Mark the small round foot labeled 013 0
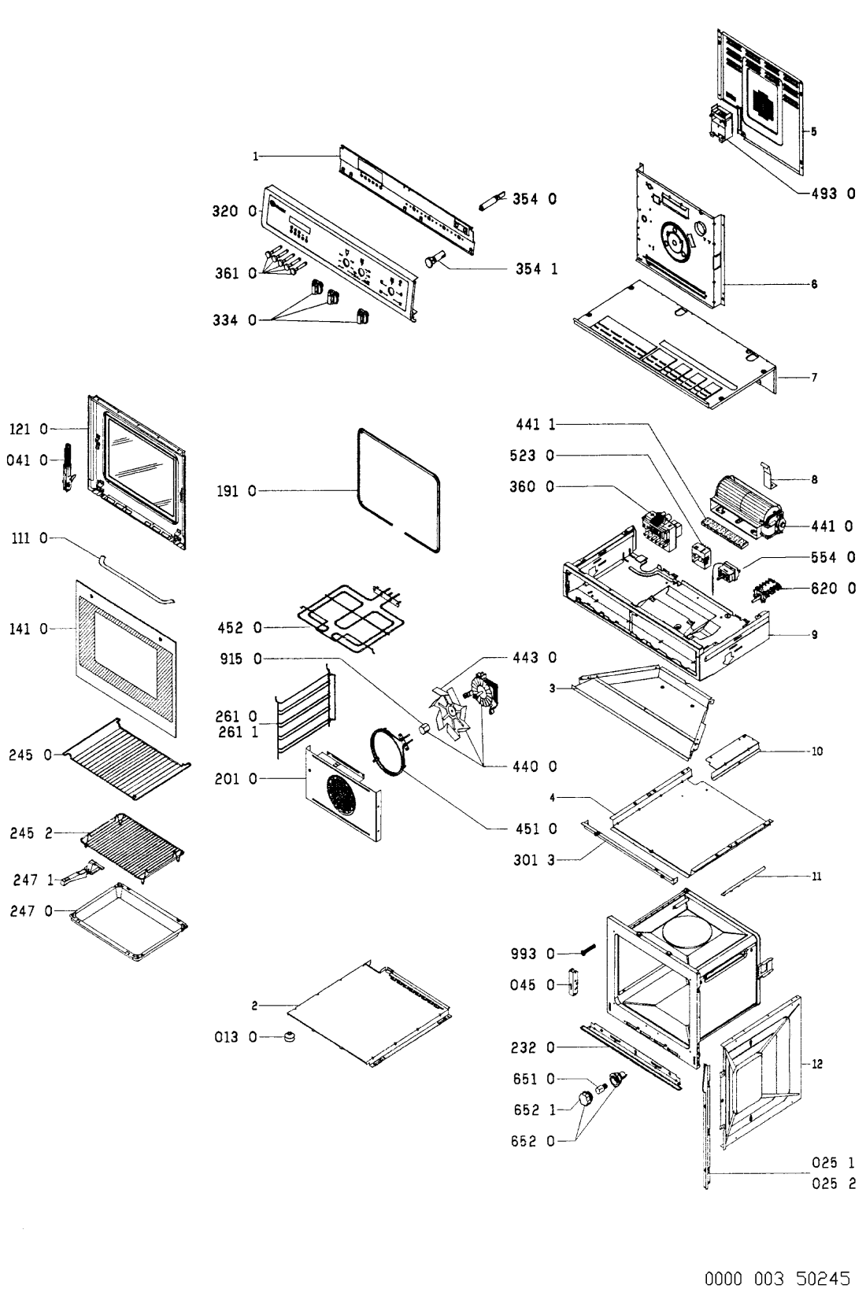pos(290,1037)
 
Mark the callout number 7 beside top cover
pos(814,378)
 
